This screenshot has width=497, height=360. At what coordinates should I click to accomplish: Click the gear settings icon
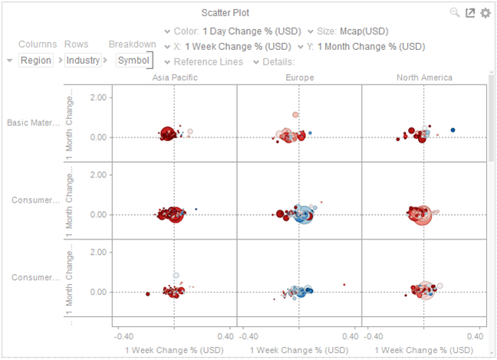(485, 13)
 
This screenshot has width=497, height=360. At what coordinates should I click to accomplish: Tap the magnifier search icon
(455, 13)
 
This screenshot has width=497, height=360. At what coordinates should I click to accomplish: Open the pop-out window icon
(470, 13)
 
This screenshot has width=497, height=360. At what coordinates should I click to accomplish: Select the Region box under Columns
(36, 60)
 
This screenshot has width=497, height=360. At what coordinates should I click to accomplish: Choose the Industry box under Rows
(83, 60)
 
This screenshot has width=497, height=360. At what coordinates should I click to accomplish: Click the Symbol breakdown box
(134, 60)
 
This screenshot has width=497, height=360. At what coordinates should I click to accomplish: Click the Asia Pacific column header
(174, 78)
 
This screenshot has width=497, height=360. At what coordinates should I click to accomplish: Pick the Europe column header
(299, 78)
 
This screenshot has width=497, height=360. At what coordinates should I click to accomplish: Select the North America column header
(424, 78)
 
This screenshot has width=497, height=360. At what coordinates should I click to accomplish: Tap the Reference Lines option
(209, 61)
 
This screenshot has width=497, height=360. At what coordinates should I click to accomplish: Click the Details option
(279, 61)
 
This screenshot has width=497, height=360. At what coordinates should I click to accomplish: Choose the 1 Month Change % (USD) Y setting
(370, 47)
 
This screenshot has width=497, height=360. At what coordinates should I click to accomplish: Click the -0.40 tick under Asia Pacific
(123, 335)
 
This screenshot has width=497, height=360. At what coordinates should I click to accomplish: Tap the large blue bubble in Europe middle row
(303, 214)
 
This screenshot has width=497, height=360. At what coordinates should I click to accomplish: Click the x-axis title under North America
(424, 349)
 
